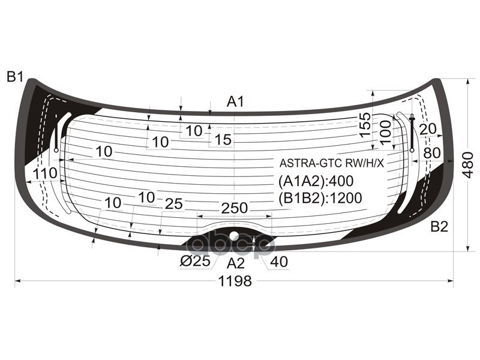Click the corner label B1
pyautogui.click(x=15, y=77)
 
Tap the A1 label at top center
pyautogui.click(x=235, y=102)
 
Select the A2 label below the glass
pyautogui.click(x=236, y=262)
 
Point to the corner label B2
pyautogui.click(x=439, y=227)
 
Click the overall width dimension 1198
pyautogui.click(x=235, y=281)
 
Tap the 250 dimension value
pyautogui.click(x=234, y=208)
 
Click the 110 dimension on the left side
pyautogui.click(x=45, y=173)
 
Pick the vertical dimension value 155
pyautogui.click(x=365, y=125)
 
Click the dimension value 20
pyautogui.click(x=427, y=129)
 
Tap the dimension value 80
pyautogui.click(x=431, y=153)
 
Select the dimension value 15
pyautogui.click(x=223, y=140)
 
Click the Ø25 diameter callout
pyautogui.click(x=194, y=262)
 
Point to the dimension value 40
pyautogui.click(x=278, y=262)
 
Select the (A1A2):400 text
pyautogui.click(x=316, y=181)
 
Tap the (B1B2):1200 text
pyautogui.click(x=320, y=199)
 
